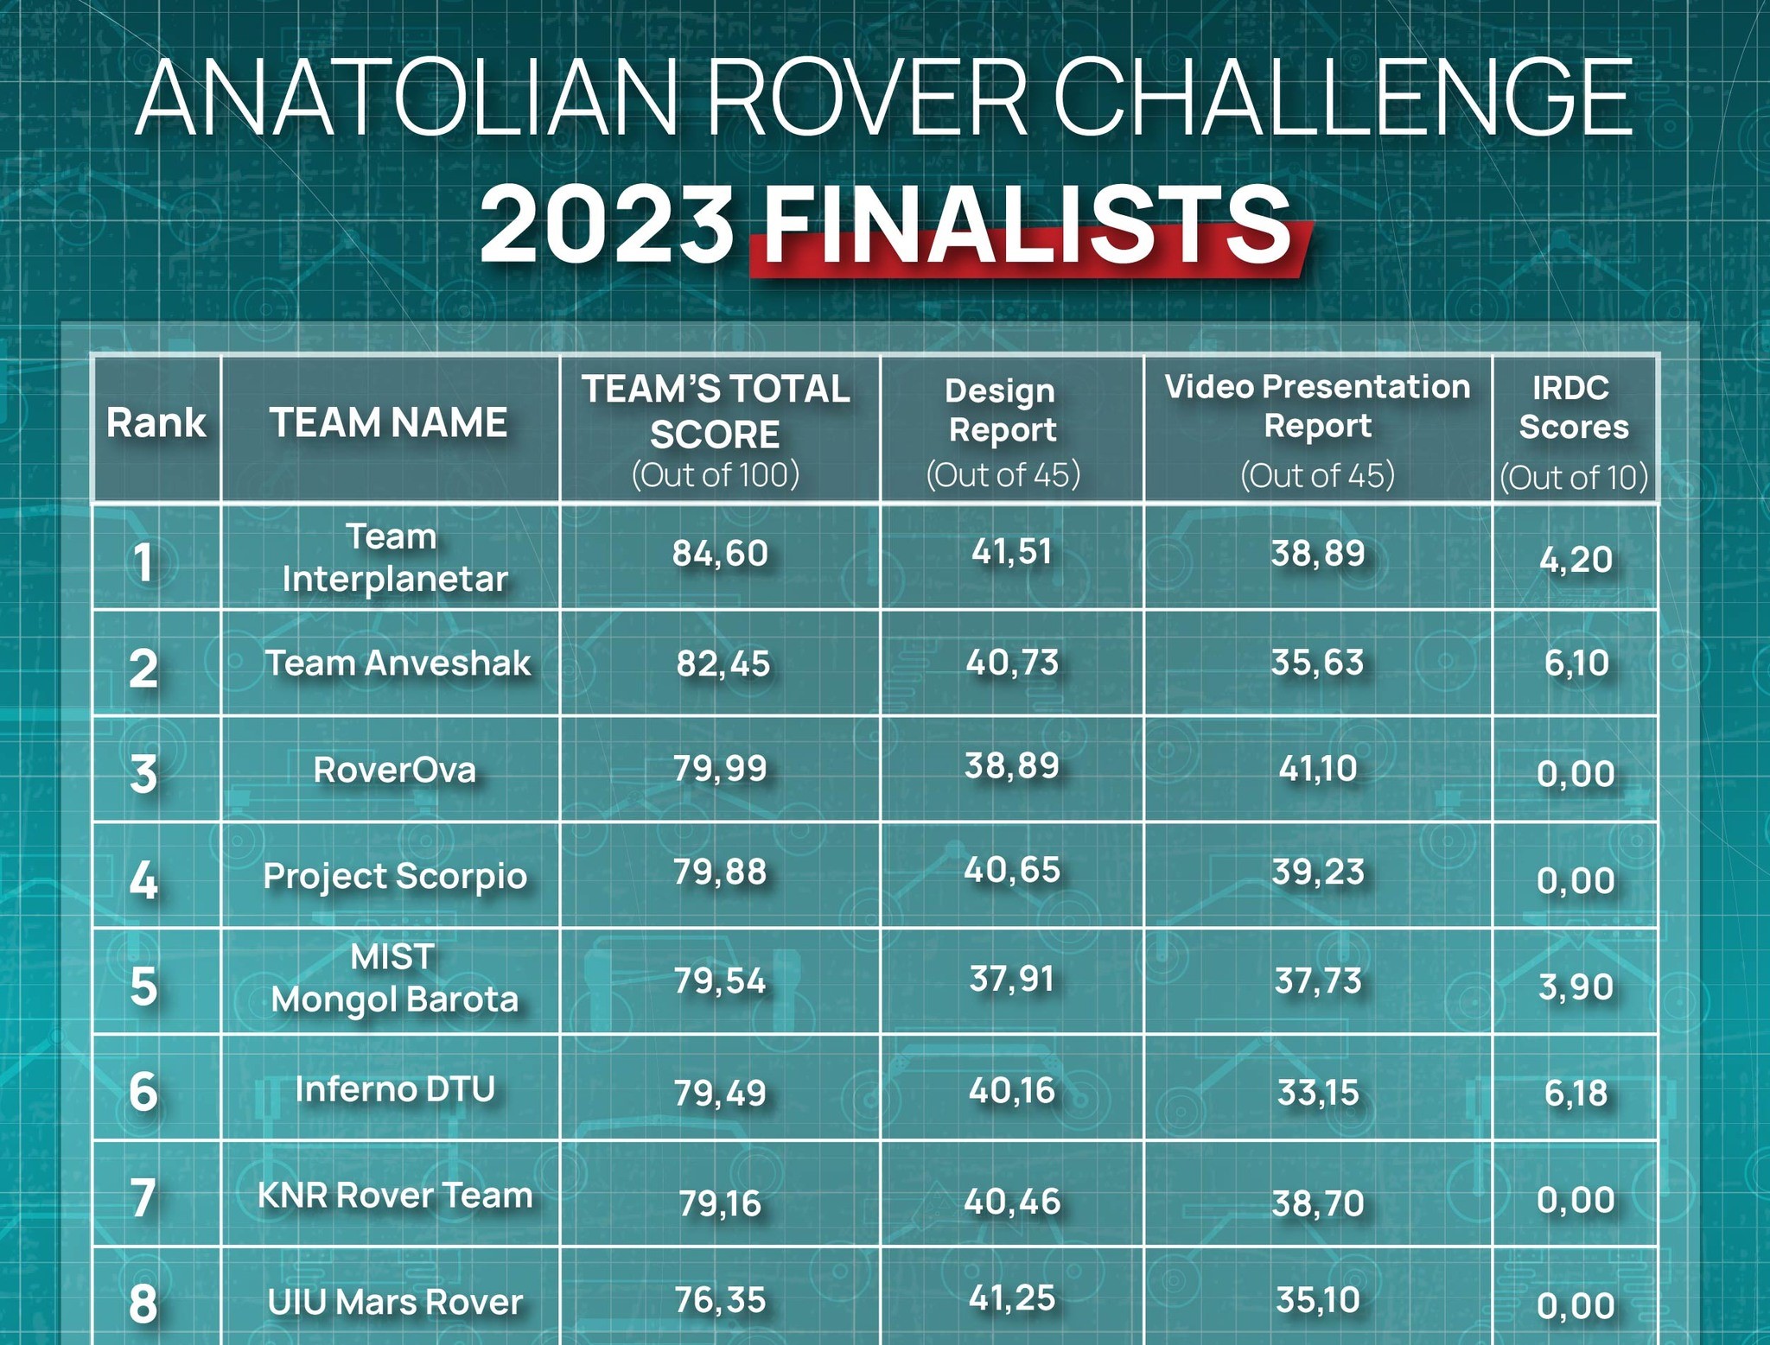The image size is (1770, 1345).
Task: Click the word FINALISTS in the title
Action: coord(1028,226)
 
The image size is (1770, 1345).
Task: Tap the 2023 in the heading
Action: coord(608,226)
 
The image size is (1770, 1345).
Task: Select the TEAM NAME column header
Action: coord(389,423)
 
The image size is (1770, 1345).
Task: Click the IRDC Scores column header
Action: coord(1574,407)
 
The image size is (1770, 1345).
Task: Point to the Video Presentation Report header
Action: coord(1317,406)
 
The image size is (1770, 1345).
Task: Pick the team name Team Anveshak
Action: coord(398,663)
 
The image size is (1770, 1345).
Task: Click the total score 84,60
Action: coord(720,553)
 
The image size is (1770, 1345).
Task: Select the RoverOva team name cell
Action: coord(395,770)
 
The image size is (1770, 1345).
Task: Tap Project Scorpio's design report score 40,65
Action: coord(1012,870)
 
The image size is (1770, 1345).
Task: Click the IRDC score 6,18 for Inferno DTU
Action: coord(1576,1093)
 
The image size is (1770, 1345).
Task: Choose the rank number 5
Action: coord(143,987)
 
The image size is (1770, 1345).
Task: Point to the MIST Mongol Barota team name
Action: coord(394,978)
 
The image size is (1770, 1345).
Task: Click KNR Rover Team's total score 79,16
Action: coord(720,1202)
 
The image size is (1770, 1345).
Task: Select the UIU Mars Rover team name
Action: coord(395,1302)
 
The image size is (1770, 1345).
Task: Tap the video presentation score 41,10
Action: coord(1318,768)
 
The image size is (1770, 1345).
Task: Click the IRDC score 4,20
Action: coord(1576,560)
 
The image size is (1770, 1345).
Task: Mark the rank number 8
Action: coord(143,1304)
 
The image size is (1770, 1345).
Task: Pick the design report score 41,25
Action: coord(1012,1298)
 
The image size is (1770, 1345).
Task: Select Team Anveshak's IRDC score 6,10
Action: coord(1576,663)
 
